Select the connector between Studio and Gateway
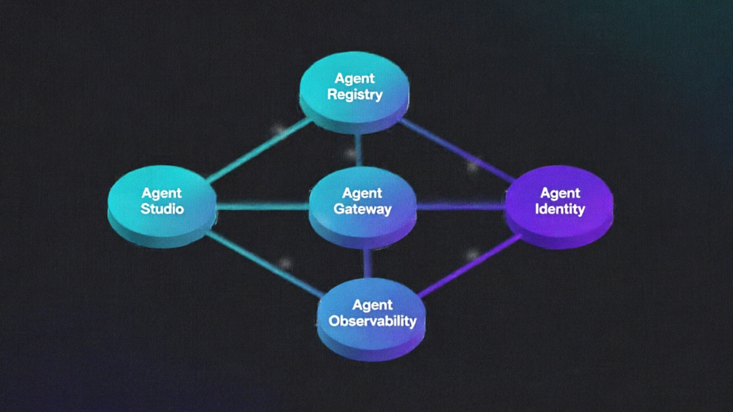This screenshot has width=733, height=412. point(263,206)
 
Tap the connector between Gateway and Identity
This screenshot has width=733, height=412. point(461,206)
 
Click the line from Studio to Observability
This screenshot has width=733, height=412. point(263,264)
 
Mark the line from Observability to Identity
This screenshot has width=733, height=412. point(470,267)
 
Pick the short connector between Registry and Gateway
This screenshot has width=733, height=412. point(358,150)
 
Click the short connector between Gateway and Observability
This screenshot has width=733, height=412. point(368,263)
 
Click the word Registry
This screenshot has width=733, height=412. point(354,94)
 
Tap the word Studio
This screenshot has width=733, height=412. point(162,208)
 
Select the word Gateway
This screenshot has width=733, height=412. point(362,209)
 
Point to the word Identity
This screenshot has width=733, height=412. point(559,209)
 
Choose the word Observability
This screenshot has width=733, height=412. point(372,321)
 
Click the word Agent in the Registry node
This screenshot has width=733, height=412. point(354,78)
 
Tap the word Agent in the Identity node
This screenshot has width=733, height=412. point(560,193)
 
